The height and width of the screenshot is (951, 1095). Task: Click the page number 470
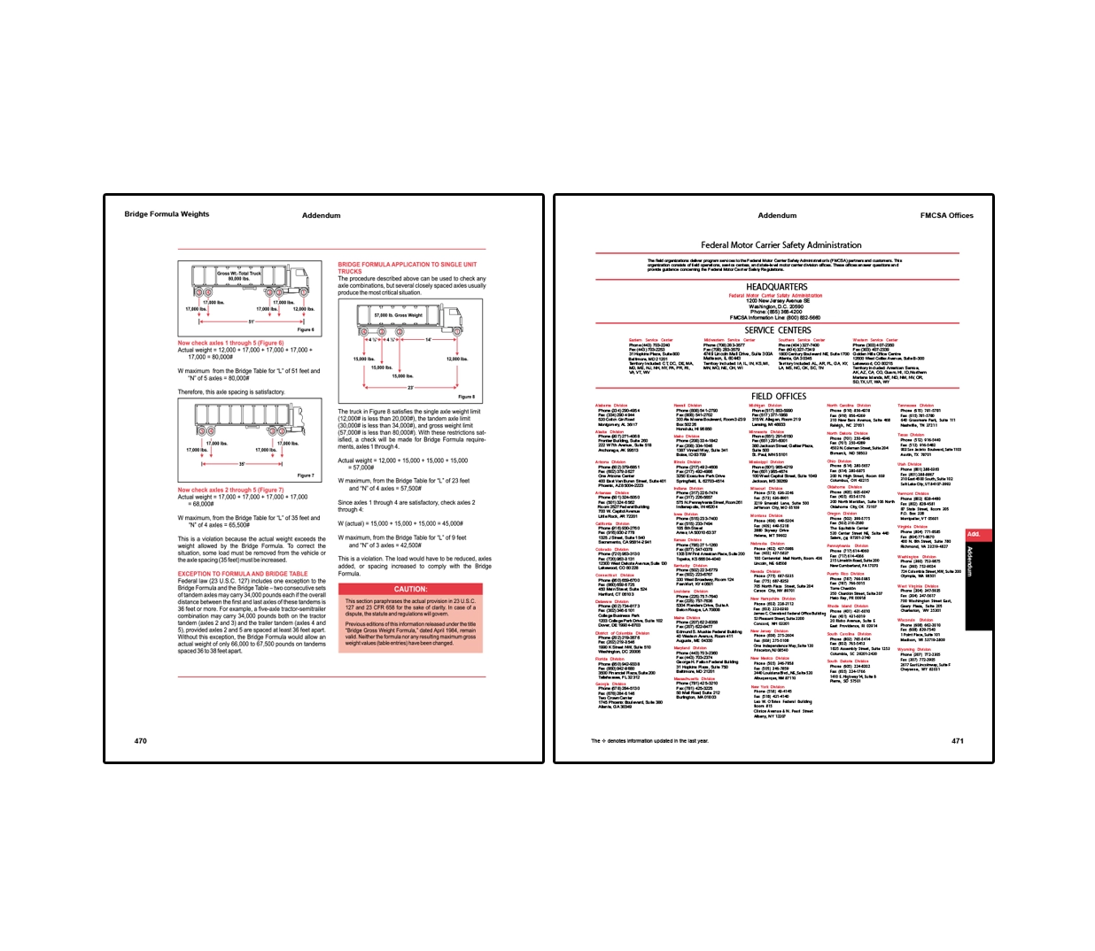coord(140,740)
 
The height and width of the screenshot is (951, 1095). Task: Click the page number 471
coord(957,740)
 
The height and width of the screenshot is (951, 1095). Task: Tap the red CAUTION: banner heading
coord(410,589)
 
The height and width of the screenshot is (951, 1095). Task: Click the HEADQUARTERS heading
coord(776,287)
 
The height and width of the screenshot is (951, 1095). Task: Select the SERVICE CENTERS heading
coord(777,330)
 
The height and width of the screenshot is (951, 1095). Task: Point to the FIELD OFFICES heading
coord(778,397)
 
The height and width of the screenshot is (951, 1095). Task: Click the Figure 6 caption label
coord(305,329)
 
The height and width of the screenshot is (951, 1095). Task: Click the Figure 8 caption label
coord(466,397)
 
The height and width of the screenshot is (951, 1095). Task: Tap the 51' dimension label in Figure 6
coord(251,321)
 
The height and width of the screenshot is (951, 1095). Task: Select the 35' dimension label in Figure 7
coord(242,464)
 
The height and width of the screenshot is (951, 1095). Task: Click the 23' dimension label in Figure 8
coord(410,387)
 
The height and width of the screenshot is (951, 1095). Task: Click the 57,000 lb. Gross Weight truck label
coord(398,315)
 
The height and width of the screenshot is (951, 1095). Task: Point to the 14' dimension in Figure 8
coord(429,339)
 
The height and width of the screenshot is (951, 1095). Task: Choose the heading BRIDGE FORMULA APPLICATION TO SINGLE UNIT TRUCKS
coord(407,267)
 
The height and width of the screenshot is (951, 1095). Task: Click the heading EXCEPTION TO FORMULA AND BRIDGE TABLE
coord(242,574)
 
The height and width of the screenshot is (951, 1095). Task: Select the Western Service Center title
coord(874,340)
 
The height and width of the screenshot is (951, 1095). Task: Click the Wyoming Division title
coord(913,649)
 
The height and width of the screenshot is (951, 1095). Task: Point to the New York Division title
coord(768,686)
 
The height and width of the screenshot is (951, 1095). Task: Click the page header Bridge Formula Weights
coord(167,214)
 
